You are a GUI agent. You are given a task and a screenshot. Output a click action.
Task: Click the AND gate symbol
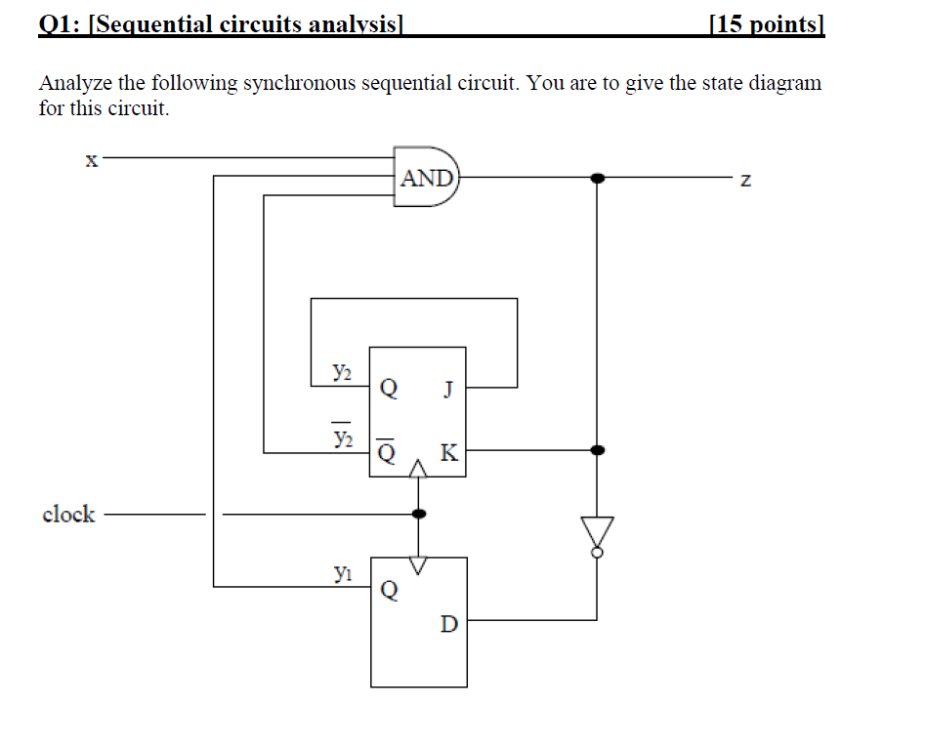tap(427, 178)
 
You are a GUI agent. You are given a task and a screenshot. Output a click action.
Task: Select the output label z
tap(746, 181)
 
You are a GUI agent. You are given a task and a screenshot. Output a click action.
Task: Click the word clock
tap(68, 514)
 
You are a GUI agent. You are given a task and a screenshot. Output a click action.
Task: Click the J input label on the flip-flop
tap(448, 389)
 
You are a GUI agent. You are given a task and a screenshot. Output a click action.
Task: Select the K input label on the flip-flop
tap(448, 452)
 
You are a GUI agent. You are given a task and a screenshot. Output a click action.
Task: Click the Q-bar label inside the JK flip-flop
tap(388, 452)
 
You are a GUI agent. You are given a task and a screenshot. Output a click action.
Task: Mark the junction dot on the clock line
tap(419, 513)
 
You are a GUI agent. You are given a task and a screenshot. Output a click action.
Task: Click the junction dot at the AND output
tap(597, 179)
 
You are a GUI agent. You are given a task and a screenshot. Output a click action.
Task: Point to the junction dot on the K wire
tap(597, 450)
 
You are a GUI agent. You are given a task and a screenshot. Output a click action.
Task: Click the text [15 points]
tap(768, 23)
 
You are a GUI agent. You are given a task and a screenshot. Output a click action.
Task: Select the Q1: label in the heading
tap(61, 23)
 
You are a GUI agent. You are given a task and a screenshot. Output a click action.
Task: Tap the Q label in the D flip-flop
tap(389, 590)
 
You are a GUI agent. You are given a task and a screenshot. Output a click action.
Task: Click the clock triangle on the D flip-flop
tap(419, 565)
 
